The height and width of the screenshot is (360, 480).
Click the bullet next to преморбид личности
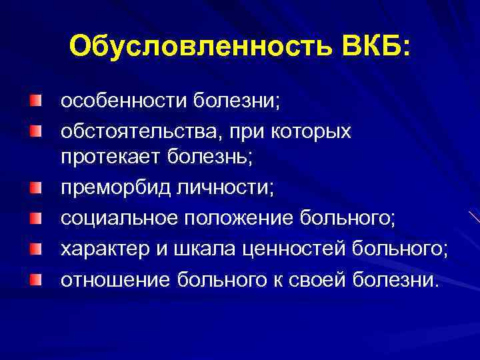tap(34, 185)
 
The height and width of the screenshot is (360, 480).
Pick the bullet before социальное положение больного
tap(34, 215)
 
